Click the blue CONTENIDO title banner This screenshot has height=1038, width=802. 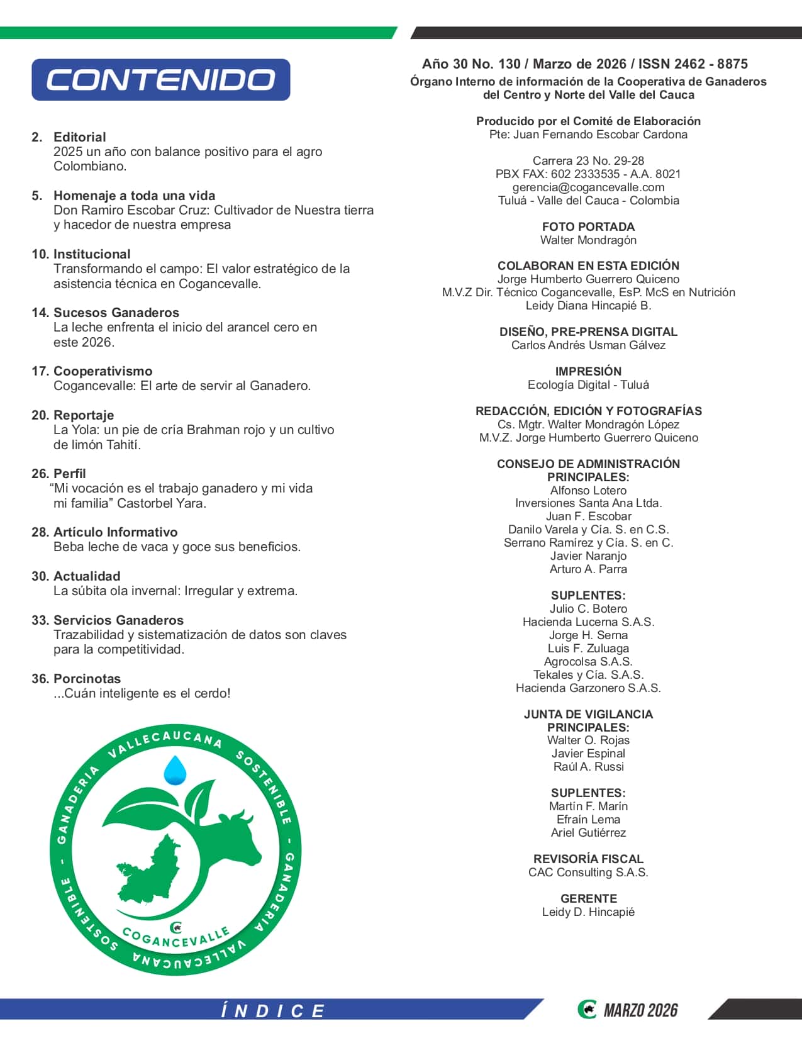tap(160, 80)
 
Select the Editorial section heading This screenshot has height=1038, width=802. tap(79, 137)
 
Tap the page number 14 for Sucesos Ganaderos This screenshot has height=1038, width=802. tap(40, 313)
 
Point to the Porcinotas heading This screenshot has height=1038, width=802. tap(87, 679)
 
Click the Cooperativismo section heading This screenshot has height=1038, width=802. tap(103, 371)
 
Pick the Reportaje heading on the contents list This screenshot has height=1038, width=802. tap(84, 415)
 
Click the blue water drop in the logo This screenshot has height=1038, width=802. tap(175, 770)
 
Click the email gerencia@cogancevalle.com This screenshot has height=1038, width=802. tap(588, 187)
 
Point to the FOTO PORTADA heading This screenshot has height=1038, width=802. tap(588, 226)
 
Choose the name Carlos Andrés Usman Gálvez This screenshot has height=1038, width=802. tap(588, 345)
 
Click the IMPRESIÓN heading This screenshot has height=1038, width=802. tap(588, 371)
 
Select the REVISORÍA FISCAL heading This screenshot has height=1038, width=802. tap(588, 859)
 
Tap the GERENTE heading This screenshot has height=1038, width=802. tap(588, 898)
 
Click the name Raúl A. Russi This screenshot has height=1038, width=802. tap(588, 767)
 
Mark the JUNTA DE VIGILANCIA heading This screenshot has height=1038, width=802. tap(588, 714)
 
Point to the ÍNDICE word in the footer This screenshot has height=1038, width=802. tap(272, 1011)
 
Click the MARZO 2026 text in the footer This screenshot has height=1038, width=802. tap(640, 1010)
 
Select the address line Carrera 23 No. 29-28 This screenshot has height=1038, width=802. tap(588, 161)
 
